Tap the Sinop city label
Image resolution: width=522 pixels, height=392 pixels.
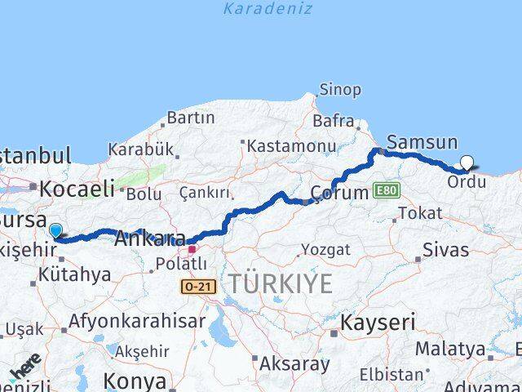click(340, 89)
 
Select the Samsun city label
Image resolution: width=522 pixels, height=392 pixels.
click(422, 141)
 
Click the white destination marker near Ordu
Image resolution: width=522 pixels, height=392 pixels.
click(467, 163)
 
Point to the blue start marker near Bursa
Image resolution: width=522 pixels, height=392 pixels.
click(55, 231)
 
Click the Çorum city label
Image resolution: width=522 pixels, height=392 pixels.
click(340, 194)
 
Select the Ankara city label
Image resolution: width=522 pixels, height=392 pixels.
click(150, 239)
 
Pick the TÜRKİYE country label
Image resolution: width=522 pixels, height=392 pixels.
click(281, 284)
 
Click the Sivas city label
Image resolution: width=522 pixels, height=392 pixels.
click(445, 248)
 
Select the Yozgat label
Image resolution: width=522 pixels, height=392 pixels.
click(325, 249)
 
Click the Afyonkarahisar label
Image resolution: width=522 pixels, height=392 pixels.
click(137, 321)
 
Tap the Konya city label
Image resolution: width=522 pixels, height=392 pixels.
click(135, 381)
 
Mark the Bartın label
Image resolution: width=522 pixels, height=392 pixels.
click(192, 118)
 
